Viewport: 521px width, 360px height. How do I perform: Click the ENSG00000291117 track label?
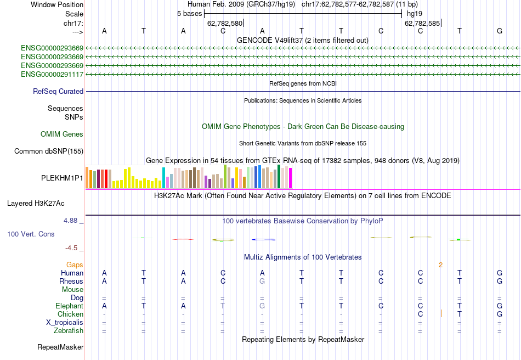[x=52, y=74]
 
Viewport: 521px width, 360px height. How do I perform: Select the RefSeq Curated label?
[x=58, y=92]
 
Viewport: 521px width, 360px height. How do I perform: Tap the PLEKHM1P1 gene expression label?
[x=62, y=178]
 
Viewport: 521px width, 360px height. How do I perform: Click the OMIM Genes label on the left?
[x=61, y=134]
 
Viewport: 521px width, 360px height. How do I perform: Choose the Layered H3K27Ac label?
[x=36, y=203]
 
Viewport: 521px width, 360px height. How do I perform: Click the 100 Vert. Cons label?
[x=31, y=234]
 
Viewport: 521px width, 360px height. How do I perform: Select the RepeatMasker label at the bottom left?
[x=60, y=347]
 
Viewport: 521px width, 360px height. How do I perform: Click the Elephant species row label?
[x=69, y=306]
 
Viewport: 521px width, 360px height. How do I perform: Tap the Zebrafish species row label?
[x=68, y=330]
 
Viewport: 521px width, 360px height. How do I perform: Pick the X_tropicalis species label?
[x=64, y=322]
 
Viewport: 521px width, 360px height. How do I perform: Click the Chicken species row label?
[x=70, y=314]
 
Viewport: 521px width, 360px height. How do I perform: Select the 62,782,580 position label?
[x=225, y=24]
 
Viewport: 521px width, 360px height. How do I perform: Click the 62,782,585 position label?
[x=422, y=24]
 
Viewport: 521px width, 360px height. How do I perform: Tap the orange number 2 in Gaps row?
[x=440, y=265]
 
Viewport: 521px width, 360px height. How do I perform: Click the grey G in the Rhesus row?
[x=262, y=281]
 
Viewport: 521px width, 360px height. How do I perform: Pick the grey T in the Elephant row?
[x=223, y=306]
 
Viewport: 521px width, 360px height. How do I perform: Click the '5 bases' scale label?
[x=189, y=13]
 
